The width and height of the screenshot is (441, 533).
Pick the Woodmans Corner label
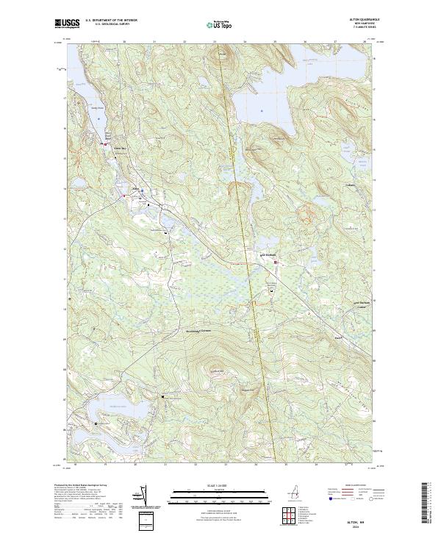click(201, 330)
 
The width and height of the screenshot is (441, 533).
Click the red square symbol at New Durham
click(276, 262)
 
